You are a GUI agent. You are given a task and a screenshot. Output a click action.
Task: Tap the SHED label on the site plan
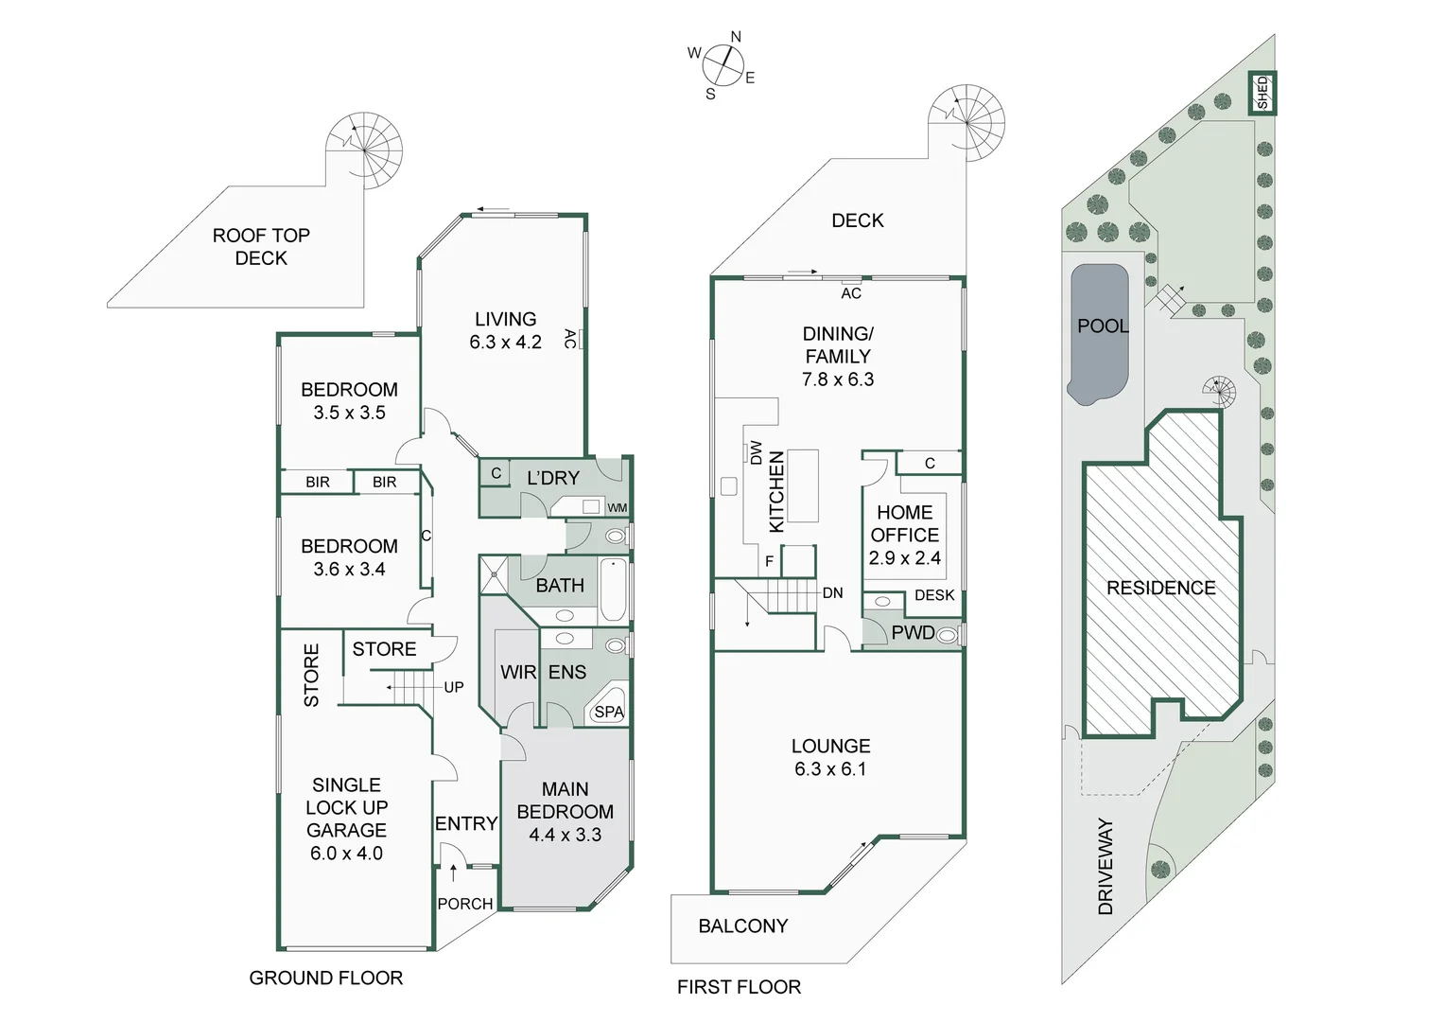tap(1262, 93)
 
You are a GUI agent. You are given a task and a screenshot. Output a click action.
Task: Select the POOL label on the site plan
tap(1103, 326)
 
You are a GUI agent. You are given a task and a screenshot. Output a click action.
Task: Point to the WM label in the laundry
tap(617, 508)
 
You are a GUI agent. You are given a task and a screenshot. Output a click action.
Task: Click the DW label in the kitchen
tap(756, 453)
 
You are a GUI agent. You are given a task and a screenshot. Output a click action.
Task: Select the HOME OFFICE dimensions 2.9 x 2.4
tap(904, 558)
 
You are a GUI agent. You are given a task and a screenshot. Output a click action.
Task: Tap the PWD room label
tap(913, 633)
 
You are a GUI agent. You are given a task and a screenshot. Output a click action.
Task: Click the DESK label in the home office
tap(934, 595)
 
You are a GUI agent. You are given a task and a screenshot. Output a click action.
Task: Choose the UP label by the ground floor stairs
tap(454, 687)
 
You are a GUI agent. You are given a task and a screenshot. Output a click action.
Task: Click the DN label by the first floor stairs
tap(832, 593)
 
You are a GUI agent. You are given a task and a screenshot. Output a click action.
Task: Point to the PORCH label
tap(465, 904)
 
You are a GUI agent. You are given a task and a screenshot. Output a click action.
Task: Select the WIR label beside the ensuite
tap(518, 672)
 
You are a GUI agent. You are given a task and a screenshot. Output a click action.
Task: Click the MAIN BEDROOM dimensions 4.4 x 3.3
tap(565, 835)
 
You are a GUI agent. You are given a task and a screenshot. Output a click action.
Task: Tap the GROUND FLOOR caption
tap(325, 978)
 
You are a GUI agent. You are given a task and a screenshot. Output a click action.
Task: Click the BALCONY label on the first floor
tap(742, 926)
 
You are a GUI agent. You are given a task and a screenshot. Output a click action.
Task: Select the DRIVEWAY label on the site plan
tap(1106, 866)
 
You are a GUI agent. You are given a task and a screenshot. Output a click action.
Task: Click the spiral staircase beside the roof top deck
tap(365, 150)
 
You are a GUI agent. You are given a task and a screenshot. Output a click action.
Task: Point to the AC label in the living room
tap(569, 339)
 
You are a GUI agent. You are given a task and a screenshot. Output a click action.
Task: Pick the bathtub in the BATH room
tap(613, 590)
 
